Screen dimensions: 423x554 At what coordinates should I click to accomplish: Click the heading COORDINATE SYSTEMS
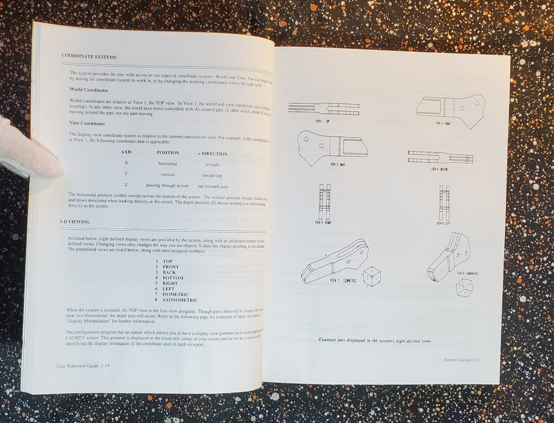coord(89,56)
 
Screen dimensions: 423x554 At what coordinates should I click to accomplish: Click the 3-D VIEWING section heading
coord(75,222)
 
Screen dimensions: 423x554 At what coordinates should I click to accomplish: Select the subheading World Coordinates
coord(89,90)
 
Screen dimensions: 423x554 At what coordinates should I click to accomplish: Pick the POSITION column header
coord(168,153)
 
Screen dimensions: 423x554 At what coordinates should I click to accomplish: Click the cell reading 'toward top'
coord(212,175)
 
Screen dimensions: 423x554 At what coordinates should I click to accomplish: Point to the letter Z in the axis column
coord(126,184)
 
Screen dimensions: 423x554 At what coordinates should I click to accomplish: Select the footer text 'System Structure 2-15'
coord(465,360)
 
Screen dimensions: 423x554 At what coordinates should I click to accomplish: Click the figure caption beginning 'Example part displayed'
coord(375,340)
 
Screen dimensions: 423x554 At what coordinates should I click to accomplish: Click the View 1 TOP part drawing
coord(324,109)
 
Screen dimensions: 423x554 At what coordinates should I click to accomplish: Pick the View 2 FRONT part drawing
coord(450,108)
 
